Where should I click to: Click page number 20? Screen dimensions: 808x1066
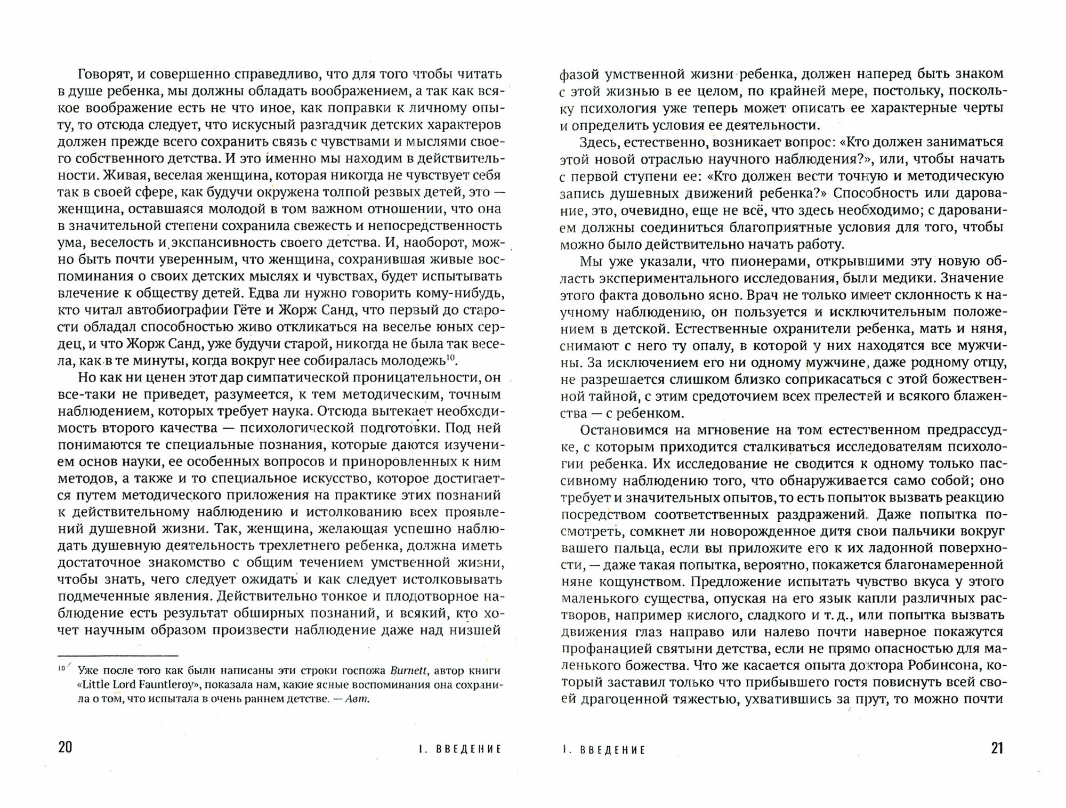[65, 747]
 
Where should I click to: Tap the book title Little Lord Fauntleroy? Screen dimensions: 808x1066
[141, 685]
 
